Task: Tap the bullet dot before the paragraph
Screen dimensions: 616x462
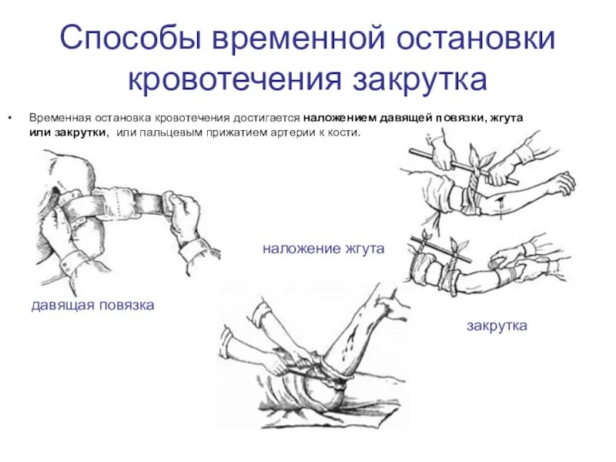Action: (x=11, y=119)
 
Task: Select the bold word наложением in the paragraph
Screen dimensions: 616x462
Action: (x=339, y=119)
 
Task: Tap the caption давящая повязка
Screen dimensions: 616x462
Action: (x=92, y=306)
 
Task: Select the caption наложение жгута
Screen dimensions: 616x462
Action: (x=323, y=249)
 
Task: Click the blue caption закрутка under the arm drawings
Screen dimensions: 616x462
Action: (x=497, y=326)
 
